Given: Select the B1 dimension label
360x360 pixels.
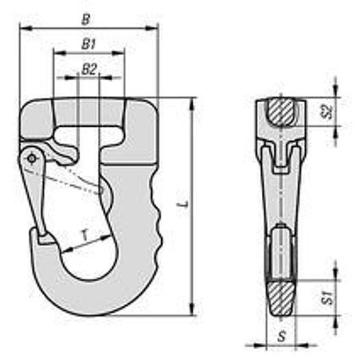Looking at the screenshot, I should pos(88,44).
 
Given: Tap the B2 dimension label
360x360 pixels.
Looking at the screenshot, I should pos(89,69).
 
